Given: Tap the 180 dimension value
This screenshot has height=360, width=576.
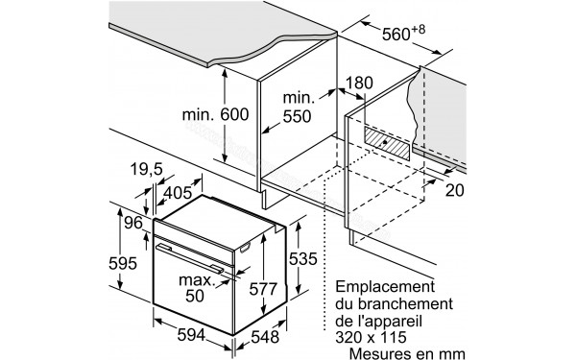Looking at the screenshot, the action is click(356, 83).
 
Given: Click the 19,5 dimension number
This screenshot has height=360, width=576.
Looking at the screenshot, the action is click(147, 170).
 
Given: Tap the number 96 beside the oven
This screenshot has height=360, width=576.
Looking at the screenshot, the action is click(132, 224).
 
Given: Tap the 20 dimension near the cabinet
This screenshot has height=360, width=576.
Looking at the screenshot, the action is click(456, 190).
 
